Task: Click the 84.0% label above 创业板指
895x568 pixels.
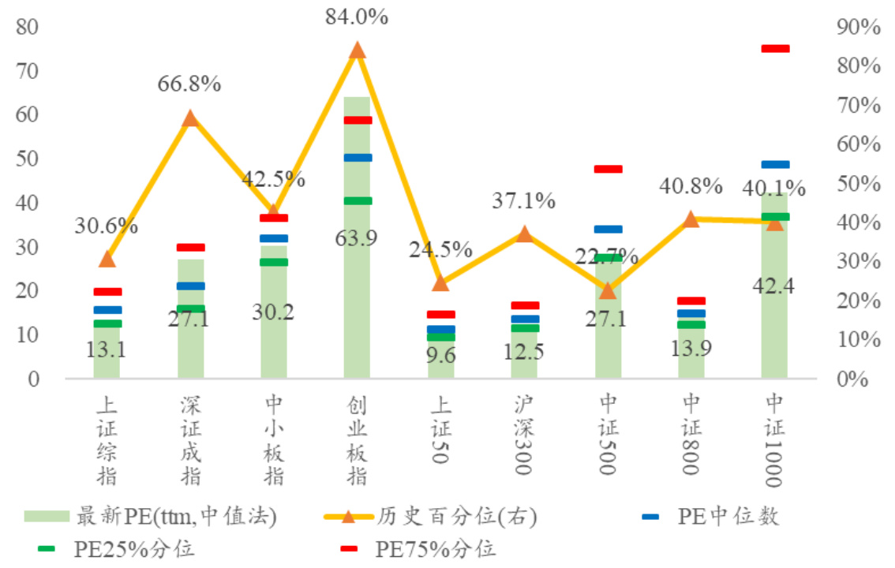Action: coord(357,17)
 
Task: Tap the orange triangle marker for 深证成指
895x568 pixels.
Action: coord(190,118)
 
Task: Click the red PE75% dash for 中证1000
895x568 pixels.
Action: coord(775,49)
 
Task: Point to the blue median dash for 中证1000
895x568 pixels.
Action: coord(775,165)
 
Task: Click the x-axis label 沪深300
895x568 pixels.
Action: coord(524,434)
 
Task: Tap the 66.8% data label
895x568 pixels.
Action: coord(189,84)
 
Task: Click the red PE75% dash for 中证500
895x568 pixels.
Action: coord(609,169)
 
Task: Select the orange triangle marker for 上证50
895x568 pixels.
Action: coord(440,282)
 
